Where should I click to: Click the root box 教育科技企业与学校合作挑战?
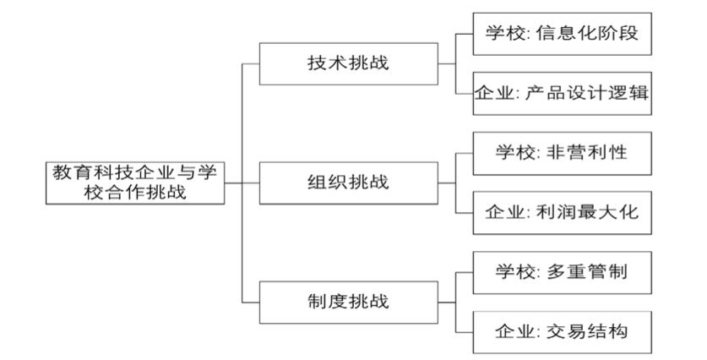click(134, 182)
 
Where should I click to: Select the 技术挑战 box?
click(347, 63)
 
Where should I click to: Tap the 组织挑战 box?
click(347, 182)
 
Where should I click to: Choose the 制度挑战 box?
click(347, 301)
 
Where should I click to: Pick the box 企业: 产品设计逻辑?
click(562, 94)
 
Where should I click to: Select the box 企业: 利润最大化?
click(562, 212)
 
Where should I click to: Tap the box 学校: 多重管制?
click(562, 271)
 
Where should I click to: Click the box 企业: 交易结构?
click(562, 330)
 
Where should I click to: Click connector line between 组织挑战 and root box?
click(242, 182)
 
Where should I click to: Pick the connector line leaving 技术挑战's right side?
click(447, 63)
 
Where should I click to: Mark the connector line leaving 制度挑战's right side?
click(447, 301)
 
